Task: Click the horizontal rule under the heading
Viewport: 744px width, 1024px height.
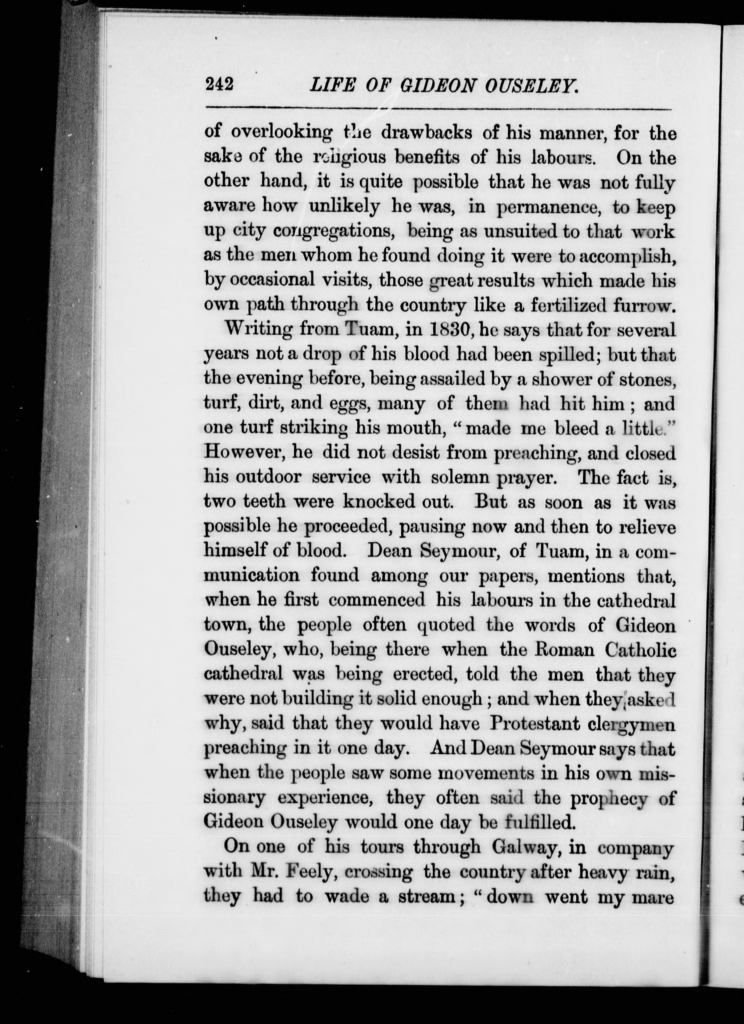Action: click(x=438, y=109)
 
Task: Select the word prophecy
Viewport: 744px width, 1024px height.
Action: click(x=610, y=798)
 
